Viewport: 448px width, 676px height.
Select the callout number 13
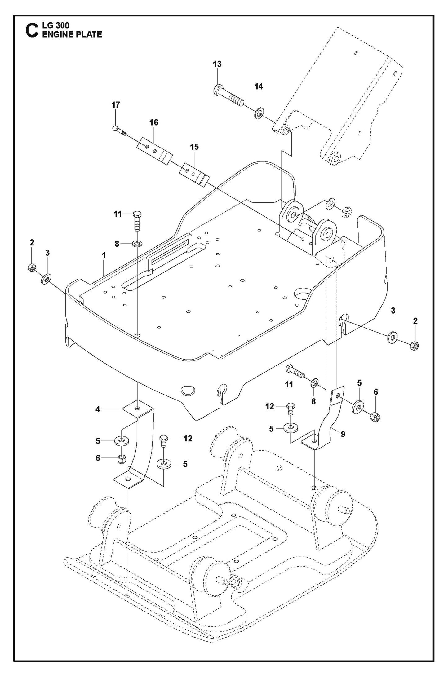click(x=217, y=64)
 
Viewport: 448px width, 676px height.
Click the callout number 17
click(x=116, y=105)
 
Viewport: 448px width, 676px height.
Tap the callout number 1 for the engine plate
click(x=104, y=256)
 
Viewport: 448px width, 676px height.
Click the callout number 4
click(x=98, y=409)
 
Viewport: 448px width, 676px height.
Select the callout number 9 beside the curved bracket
click(x=343, y=434)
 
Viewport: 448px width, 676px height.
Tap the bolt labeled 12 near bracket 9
click(x=291, y=409)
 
